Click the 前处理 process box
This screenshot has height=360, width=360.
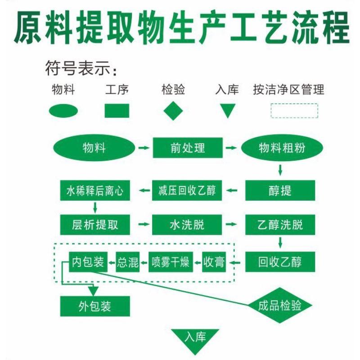(x=188, y=148)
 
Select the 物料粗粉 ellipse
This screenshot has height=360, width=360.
(x=282, y=148)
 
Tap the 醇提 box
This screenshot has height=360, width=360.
(x=280, y=191)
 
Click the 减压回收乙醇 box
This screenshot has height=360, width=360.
(x=187, y=191)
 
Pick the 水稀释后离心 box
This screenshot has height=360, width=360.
(x=95, y=191)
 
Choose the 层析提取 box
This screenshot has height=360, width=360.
(x=95, y=225)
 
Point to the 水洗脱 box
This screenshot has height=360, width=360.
(x=187, y=225)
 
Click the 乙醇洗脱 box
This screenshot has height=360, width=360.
(x=280, y=225)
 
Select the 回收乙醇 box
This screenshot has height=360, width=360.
(x=280, y=261)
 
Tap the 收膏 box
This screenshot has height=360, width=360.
(x=213, y=261)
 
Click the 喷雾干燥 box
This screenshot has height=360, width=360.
(x=170, y=261)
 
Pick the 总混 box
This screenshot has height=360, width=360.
(x=128, y=261)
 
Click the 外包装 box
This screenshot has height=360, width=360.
(x=95, y=306)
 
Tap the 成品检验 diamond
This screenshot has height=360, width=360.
(x=280, y=306)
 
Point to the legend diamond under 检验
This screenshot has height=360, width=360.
(x=173, y=111)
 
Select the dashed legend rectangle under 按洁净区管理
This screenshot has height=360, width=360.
(x=294, y=111)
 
